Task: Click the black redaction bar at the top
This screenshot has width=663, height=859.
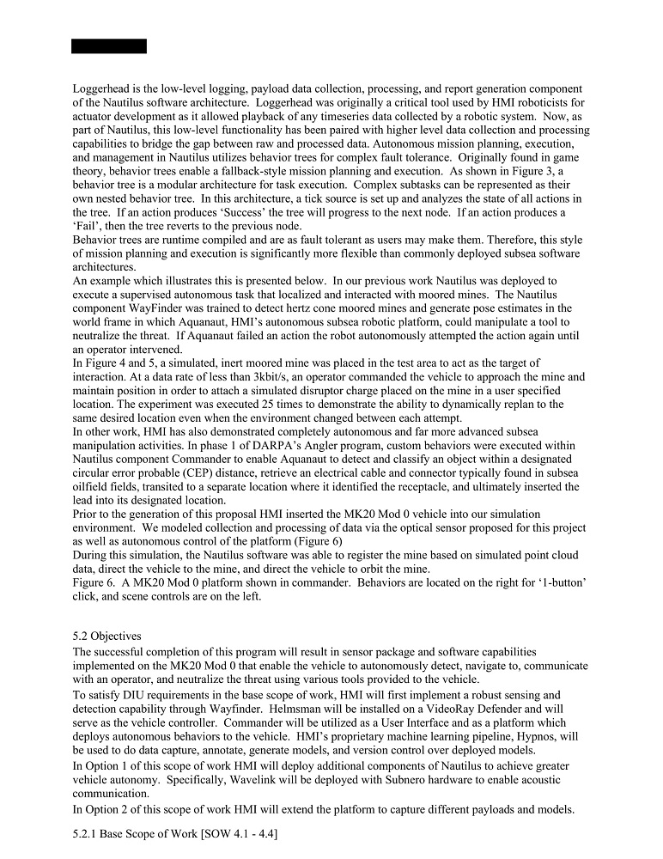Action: point(109,46)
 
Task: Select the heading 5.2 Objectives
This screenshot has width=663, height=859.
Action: point(107,636)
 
